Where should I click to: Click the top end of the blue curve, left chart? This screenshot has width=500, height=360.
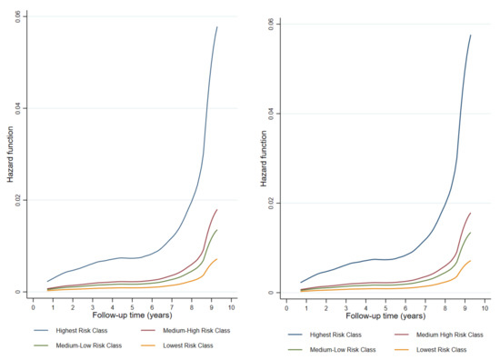click(x=217, y=26)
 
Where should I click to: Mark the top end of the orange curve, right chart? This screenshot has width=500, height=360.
click(x=471, y=261)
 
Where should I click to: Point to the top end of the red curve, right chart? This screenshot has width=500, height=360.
click(x=471, y=213)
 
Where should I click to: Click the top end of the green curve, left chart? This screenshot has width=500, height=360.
click(x=217, y=229)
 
